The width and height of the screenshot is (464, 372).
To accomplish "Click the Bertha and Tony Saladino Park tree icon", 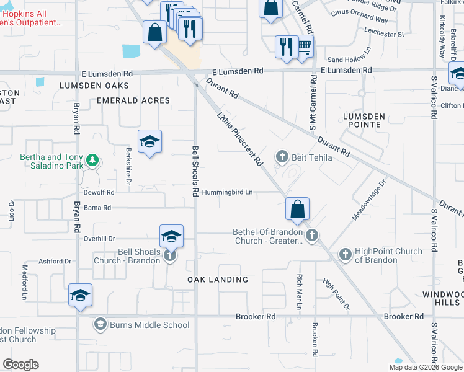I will pyautogui.click(x=92, y=161).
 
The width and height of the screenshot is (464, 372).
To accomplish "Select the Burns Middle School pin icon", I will pyautogui.click(x=100, y=324).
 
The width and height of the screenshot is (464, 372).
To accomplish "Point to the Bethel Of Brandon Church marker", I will pyautogui.click(x=312, y=235).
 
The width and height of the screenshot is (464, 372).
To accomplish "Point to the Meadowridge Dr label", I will pyautogui.click(x=369, y=200).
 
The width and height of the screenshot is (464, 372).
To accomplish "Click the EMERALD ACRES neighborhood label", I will pyautogui.click(x=133, y=100).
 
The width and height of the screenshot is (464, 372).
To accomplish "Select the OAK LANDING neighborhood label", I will pyautogui.click(x=218, y=280).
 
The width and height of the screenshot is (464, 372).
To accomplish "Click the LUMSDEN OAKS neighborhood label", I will pyautogui.click(x=94, y=85).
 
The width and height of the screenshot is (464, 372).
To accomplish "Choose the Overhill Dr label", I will pyautogui.click(x=100, y=239).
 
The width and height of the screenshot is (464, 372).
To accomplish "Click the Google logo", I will pyautogui.click(x=21, y=365).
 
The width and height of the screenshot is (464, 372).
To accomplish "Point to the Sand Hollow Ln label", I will pyautogui.click(x=349, y=60).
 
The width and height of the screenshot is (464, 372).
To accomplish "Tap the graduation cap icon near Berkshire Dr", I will pyautogui.click(x=149, y=142).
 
